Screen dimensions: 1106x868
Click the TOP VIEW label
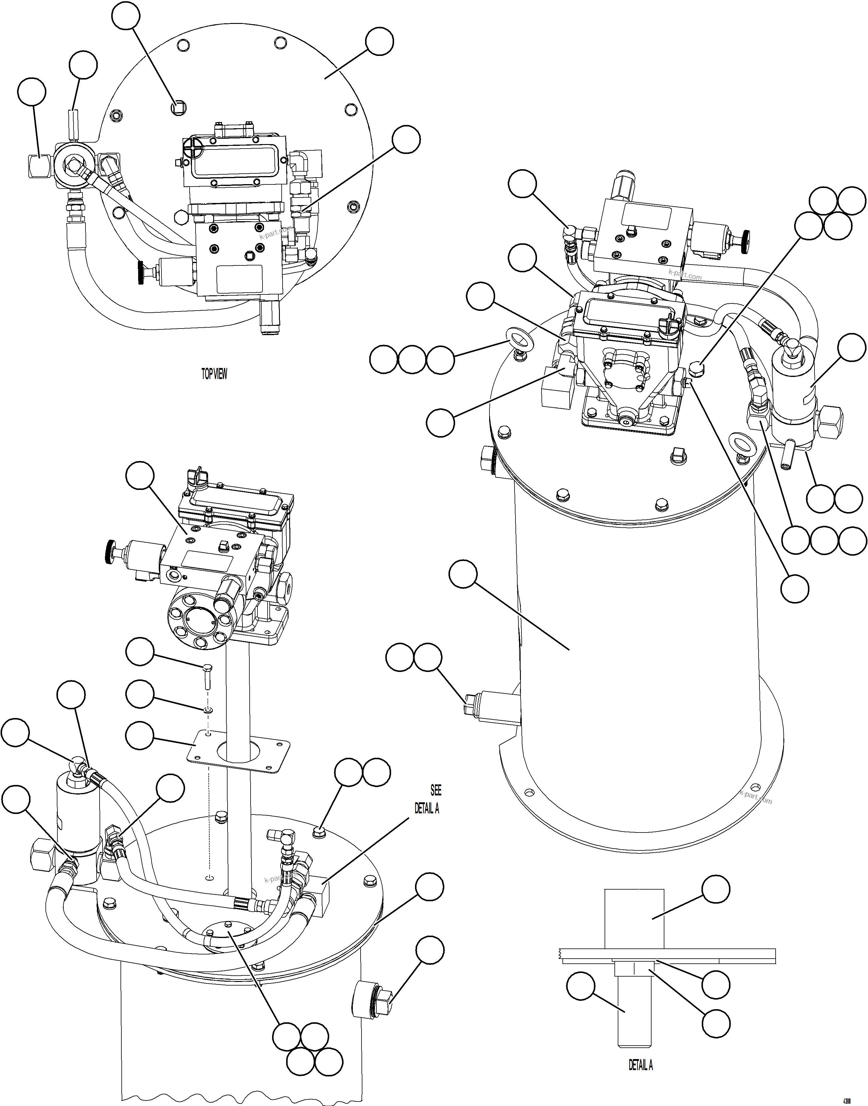click(214, 374)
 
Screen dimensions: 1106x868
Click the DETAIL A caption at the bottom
click(640, 1065)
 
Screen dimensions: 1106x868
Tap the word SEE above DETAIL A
click(436, 790)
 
